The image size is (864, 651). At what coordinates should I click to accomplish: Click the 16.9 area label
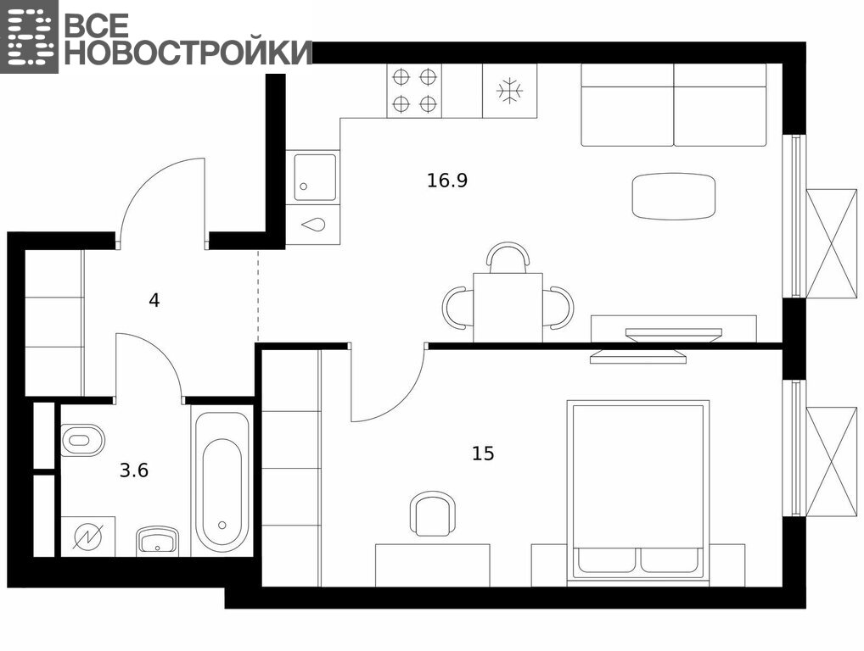point(447,181)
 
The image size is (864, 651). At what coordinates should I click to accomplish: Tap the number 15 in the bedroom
point(483,453)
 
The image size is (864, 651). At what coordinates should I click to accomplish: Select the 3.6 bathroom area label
point(134,470)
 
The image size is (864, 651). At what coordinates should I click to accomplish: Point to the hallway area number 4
point(154,300)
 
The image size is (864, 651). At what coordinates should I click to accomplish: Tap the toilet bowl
point(82,440)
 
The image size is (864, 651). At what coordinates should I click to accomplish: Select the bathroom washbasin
point(158,542)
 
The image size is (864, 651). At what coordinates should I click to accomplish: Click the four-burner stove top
point(414,90)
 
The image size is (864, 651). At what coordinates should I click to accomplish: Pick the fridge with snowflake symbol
point(510,91)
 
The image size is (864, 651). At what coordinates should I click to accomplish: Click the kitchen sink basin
point(315,177)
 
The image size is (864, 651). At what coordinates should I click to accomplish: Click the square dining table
point(508,308)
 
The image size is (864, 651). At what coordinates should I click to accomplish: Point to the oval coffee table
point(674,197)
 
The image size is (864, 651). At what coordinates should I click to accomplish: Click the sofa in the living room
point(674,105)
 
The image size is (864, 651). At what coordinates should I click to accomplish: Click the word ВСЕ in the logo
point(97,25)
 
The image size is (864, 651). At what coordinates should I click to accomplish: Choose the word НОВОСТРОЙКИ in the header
point(188,53)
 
